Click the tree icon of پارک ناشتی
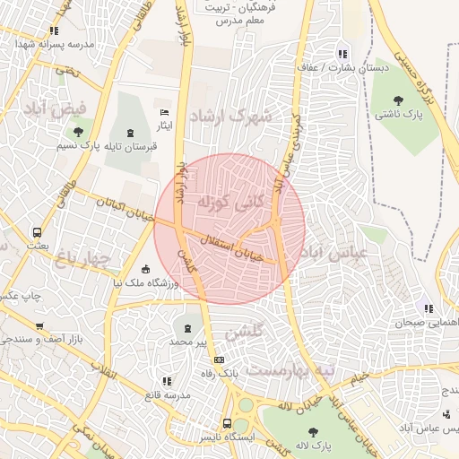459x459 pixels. pyautogui.click(x=398, y=100)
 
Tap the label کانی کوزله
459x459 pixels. pyautogui.click(x=230, y=202)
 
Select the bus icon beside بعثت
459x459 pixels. pyautogui.click(x=37, y=231)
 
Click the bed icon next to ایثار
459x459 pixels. pyautogui.click(x=162, y=111)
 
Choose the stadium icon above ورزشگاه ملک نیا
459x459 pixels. pyautogui.click(x=146, y=268)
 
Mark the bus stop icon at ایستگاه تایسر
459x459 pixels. pyautogui.click(x=228, y=423)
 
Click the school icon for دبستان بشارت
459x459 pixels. pyautogui.click(x=342, y=52)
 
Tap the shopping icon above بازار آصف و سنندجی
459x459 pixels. pyautogui.click(x=39, y=325)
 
